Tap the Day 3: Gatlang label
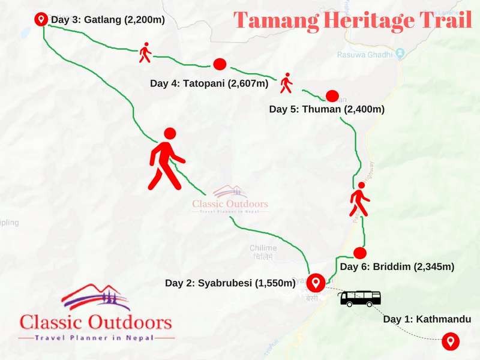tap(108, 20)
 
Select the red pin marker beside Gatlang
tap(41, 19)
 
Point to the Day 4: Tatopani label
tap(209, 83)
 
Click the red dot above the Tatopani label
tap(219, 64)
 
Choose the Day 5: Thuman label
tap(326, 109)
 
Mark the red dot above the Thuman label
tap(332, 95)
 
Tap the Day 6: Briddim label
tap(397, 266)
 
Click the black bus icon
tap(360, 298)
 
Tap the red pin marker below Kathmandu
tap(449, 341)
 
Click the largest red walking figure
tap(166, 158)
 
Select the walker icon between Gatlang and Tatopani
tap(145, 52)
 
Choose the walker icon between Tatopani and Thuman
tap(286, 83)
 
